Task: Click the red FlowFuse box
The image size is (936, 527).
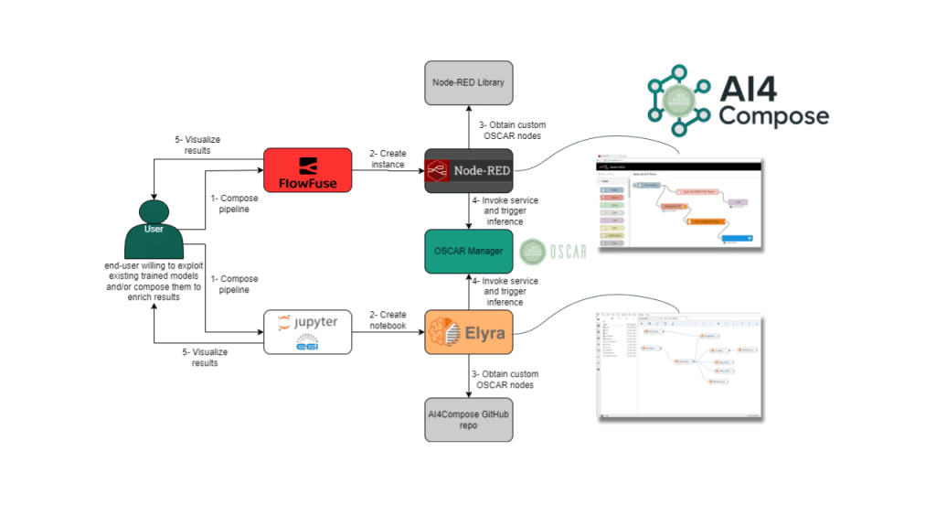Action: pyautogui.click(x=306, y=169)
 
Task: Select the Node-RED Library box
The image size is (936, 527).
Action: pyautogui.click(x=469, y=83)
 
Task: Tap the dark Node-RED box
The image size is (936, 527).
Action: pyautogui.click(x=469, y=170)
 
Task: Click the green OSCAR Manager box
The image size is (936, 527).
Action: pyautogui.click(x=469, y=251)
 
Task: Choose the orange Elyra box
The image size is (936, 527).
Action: pyautogui.click(x=469, y=332)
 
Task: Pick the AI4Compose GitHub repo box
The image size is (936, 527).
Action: pyautogui.click(x=469, y=420)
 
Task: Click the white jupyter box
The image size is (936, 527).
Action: pyautogui.click(x=306, y=332)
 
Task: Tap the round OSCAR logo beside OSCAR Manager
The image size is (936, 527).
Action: pyautogui.click(x=535, y=251)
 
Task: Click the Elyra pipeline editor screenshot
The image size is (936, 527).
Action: pyautogui.click(x=678, y=363)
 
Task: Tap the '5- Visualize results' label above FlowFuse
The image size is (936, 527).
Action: pyautogui.click(x=198, y=145)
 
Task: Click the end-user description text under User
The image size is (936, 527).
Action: pyautogui.click(x=153, y=282)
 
